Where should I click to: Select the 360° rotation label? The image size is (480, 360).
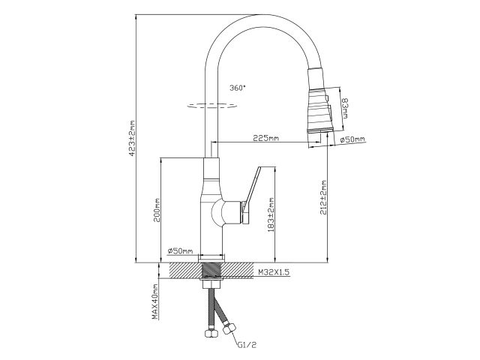(x=238, y=88)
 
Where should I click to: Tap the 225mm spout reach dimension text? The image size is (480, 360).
(x=266, y=138)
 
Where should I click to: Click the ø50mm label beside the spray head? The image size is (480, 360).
(x=352, y=139)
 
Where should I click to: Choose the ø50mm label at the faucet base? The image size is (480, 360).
(x=180, y=250)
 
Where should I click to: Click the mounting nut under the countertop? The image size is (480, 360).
(x=214, y=283)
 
